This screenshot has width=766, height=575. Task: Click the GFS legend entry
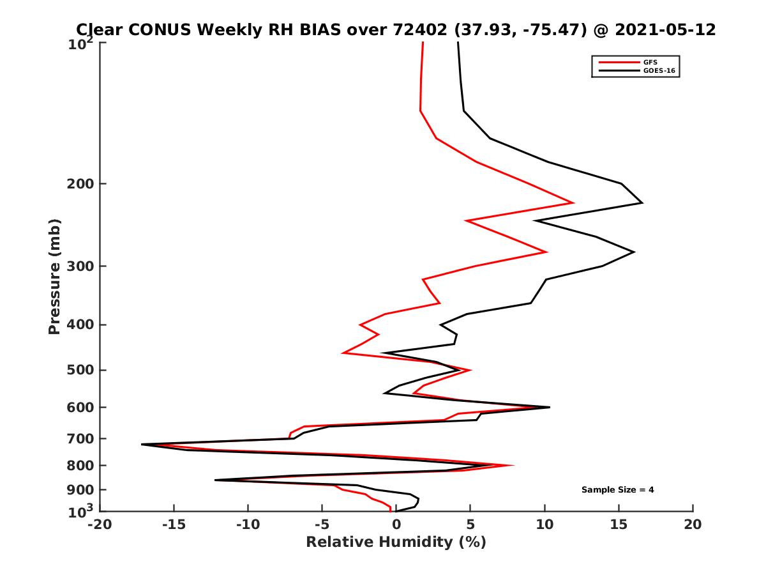pos(650,62)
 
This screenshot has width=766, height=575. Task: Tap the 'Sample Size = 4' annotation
pos(617,490)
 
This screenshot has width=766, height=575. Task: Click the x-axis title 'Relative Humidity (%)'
pos(396,542)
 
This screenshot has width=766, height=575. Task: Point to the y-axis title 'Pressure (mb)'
pos(54,276)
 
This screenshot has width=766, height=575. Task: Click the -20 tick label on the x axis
pos(100,525)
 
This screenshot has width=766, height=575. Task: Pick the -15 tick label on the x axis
pos(174,525)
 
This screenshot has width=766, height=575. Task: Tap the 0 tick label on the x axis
pos(396,525)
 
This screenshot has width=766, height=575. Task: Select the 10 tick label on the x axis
pos(544,525)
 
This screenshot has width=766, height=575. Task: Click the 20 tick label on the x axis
pos(693,525)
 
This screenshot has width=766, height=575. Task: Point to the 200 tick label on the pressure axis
pos(81,184)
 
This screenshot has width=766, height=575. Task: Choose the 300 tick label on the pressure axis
pos(81,266)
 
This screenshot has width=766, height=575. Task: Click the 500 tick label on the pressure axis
pos(81,370)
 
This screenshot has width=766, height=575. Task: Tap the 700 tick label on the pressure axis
pos(81,439)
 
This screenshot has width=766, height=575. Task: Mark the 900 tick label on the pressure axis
pos(81,490)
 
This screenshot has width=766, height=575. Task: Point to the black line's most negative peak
pos(142,444)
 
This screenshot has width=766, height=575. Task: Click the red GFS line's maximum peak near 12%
pos(573,203)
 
